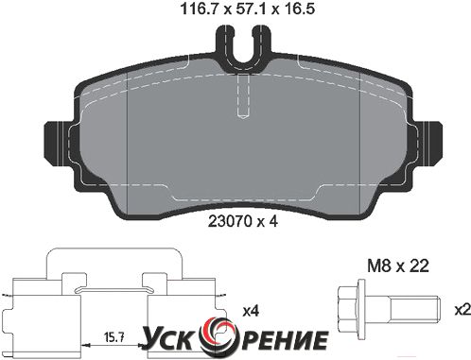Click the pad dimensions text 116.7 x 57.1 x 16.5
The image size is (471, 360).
coord(247,9)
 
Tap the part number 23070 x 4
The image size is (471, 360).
coord(243,222)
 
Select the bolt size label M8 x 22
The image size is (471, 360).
coord(398,266)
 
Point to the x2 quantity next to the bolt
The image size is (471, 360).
coord(462,310)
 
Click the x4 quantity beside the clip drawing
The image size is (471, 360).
coord(251,312)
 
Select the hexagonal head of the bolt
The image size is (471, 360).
coord(348,309)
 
